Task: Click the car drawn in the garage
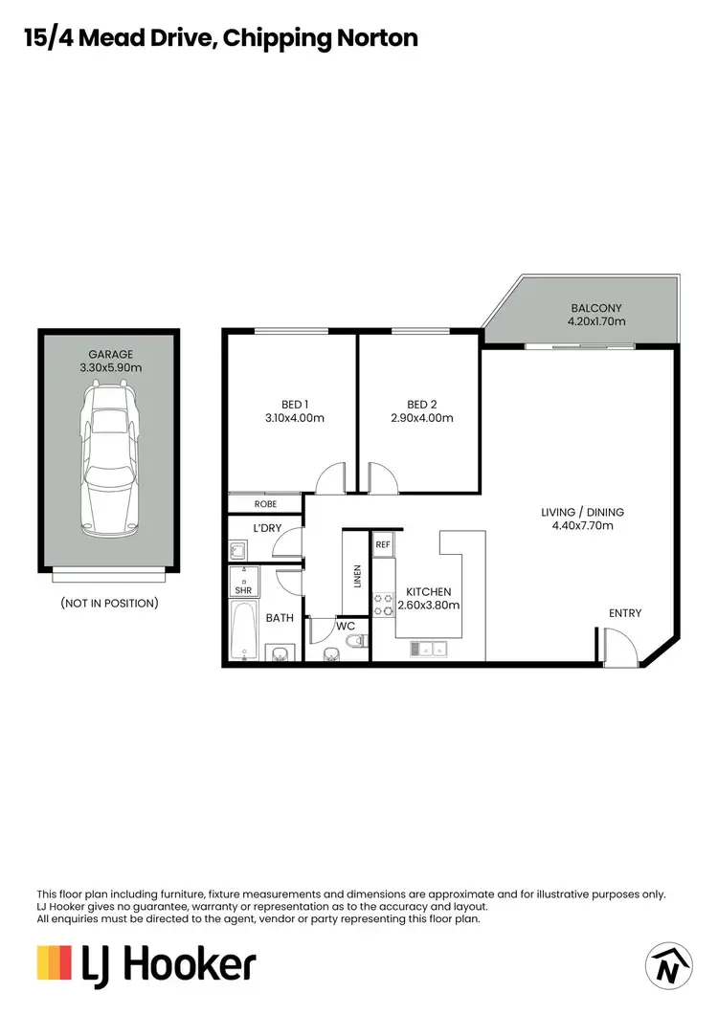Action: coord(108,458)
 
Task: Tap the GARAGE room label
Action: coord(108,354)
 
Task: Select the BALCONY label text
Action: coord(596,308)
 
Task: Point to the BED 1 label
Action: coord(295,404)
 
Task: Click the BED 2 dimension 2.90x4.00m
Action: coord(422,418)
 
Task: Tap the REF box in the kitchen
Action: coord(383,544)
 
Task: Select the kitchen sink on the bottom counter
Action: coord(428,650)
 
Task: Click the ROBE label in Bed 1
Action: coord(265,503)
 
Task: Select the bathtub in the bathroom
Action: coord(245,630)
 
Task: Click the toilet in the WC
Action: coord(353,641)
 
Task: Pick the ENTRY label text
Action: coord(625,613)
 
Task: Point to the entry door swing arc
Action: coord(617,646)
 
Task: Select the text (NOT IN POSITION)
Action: coord(109,604)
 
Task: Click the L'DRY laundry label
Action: coord(266,528)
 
